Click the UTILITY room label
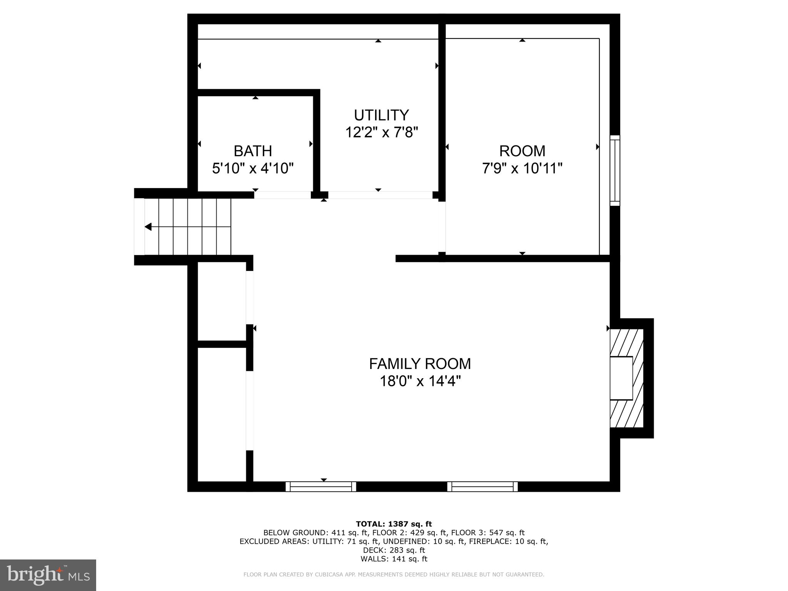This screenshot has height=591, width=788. (381, 115)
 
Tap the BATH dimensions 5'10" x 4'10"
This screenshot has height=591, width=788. (253, 168)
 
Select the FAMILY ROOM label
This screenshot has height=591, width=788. (420, 364)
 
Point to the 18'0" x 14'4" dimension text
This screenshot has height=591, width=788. (420, 381)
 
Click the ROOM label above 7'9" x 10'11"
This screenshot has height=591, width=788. (522, 151)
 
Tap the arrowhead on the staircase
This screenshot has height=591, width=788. (148, 227)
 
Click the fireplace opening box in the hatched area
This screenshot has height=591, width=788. (621, 378)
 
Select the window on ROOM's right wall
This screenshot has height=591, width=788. (615, 170)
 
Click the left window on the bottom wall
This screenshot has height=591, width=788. (321, 487)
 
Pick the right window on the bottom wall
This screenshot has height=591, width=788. (482, 487)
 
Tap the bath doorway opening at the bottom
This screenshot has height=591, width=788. (282, 195)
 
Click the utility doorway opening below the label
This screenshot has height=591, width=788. (380, 195)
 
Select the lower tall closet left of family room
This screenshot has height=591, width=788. (222, 414)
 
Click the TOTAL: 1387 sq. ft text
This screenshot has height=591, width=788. (394, 524)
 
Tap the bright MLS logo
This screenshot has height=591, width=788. (48, 575)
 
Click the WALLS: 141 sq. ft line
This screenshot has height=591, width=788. (394, 559)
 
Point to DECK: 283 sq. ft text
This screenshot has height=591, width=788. (394, 550)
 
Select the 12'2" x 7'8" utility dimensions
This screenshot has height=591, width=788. (381, 132)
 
